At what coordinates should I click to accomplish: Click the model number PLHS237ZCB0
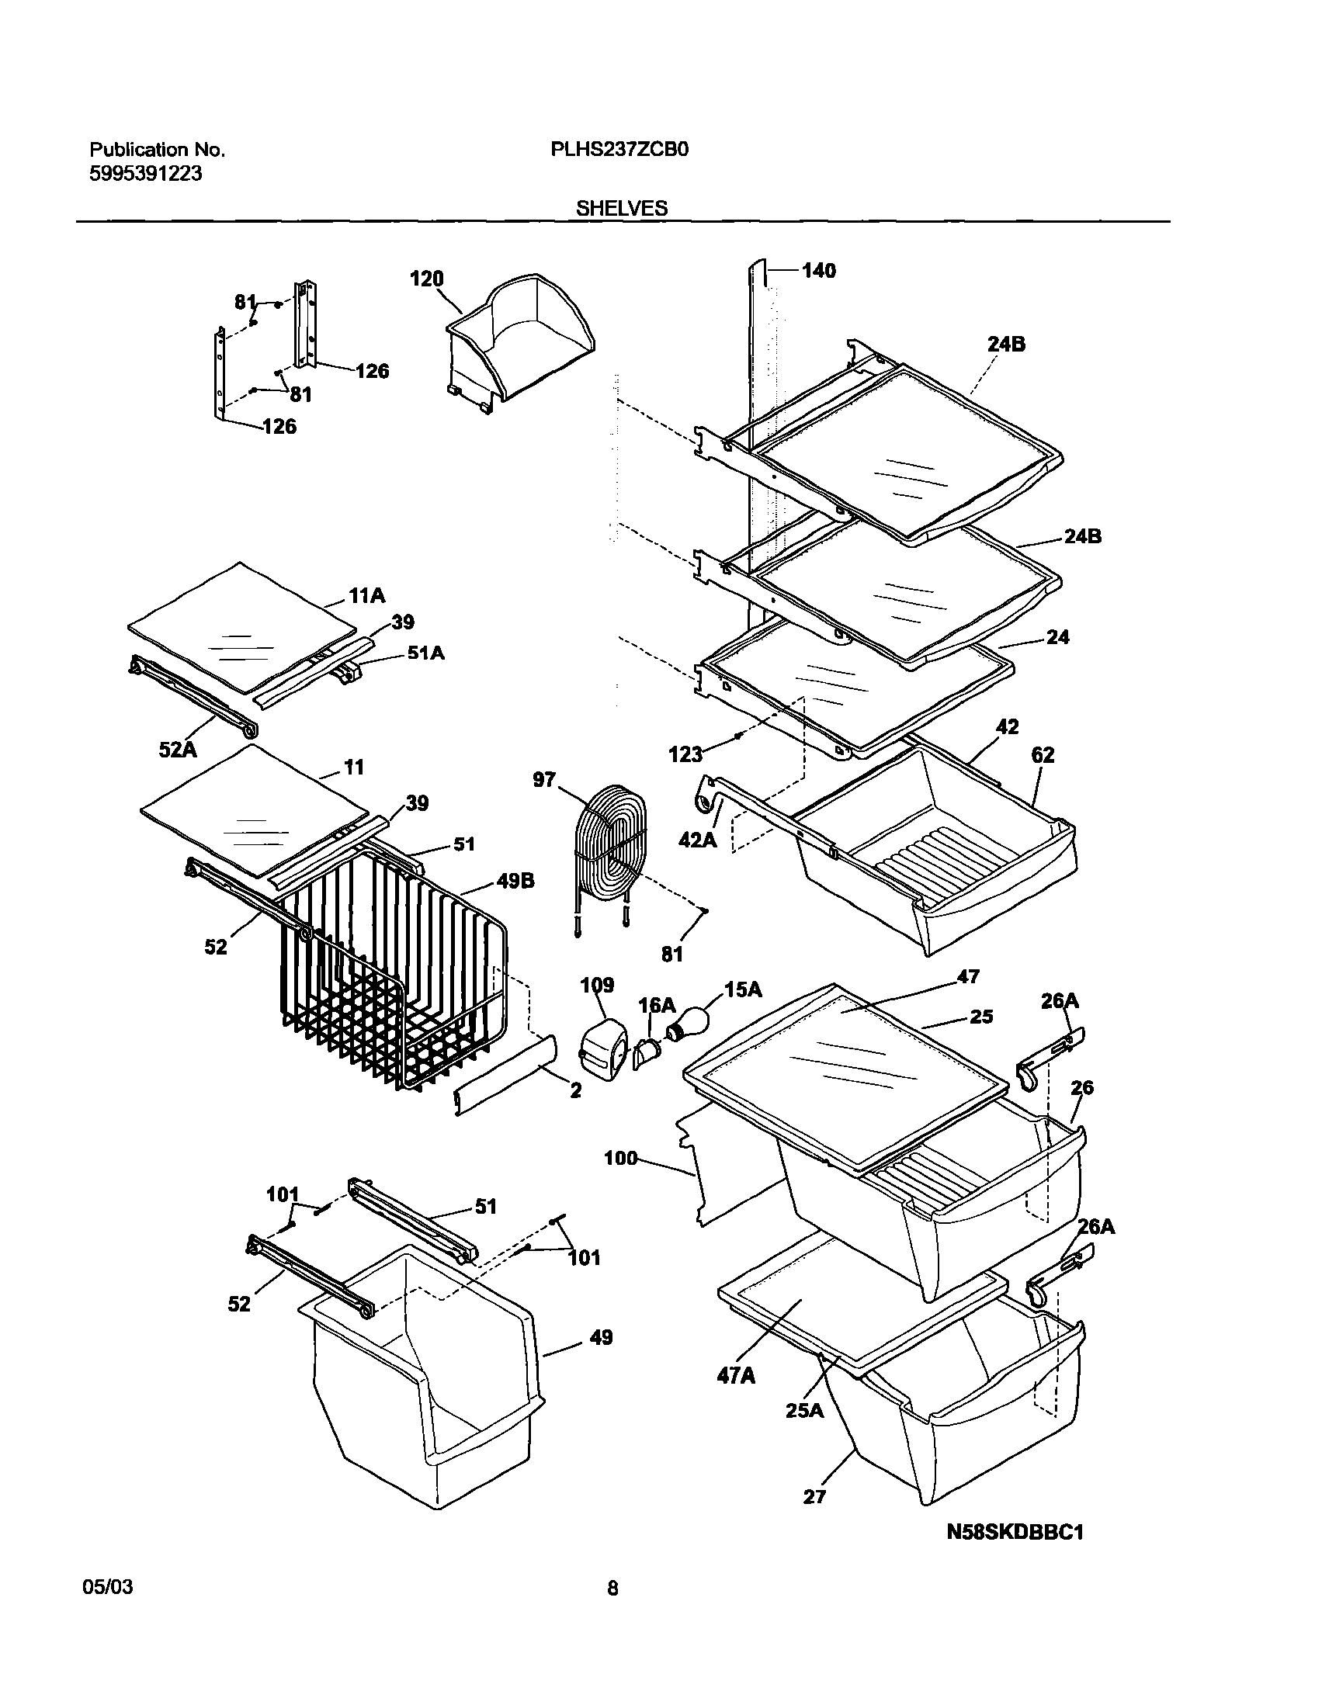pos(619,150)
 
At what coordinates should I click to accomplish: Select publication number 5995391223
pos(146,175)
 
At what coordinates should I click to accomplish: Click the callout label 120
pos(426,279)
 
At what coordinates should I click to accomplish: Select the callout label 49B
pos(515,882)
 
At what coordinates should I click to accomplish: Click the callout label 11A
pos(366,597)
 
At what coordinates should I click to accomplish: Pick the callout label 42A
pos(698,840)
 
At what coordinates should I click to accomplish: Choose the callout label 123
pos(685,754)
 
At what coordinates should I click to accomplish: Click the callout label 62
pos(1043,755)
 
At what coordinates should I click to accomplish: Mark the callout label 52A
pos(178,750)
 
